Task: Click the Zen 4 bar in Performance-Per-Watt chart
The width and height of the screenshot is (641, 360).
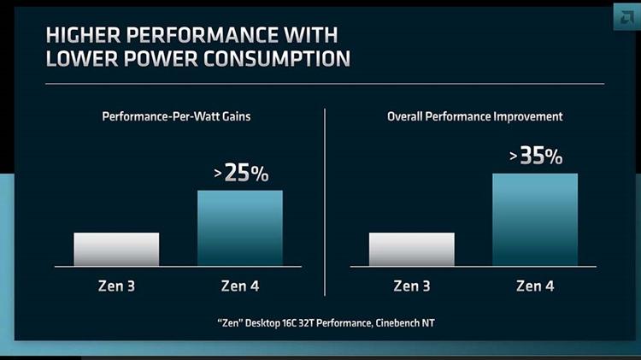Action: [x=240, y=227]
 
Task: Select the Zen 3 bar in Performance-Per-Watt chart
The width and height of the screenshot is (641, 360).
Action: [x=116, y=249]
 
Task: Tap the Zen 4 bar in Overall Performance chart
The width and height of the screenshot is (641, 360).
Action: [x=535, y=219]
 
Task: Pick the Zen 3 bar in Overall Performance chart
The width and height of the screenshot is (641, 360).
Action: [x=411, y=249]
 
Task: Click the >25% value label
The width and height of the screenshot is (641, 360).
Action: [x=241, y=174]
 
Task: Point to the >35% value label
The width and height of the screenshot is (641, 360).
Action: [x=536, y=156]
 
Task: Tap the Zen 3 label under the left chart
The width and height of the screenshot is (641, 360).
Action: [x=116, y=286]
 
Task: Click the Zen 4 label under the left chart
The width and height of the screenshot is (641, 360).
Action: [x=240, y=286]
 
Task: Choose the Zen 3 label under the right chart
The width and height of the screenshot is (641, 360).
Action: [x=411, y=286]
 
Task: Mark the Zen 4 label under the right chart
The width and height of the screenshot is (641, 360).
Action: [x=535, y=286]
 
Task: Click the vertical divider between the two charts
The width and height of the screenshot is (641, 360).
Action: [x=325, y=201]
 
